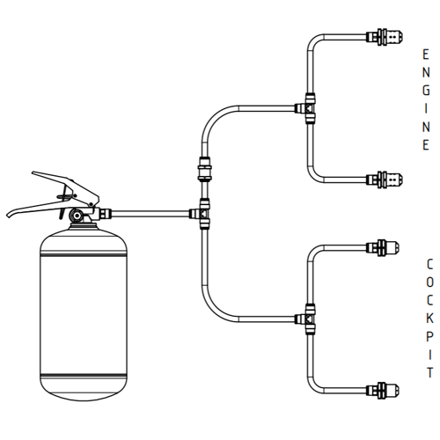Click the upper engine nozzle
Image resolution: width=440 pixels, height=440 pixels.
[385, 37]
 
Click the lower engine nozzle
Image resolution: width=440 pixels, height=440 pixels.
[385, 180]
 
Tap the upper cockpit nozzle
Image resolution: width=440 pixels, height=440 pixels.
[383, 248]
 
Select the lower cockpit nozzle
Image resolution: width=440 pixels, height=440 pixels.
[383, 391]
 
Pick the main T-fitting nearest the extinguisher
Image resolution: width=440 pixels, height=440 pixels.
[202, 213]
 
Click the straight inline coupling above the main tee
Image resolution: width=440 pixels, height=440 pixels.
[205, 170]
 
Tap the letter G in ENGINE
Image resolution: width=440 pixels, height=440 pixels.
[426, 91]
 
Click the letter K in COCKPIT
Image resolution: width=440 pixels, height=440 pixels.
[429, 319]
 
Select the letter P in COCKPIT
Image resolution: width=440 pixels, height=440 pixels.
[429, 337]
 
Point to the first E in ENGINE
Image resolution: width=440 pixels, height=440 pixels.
[426, 55]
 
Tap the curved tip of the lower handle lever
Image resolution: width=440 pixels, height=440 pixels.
[10, 214]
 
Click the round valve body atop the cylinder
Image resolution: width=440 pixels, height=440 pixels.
[77, 216]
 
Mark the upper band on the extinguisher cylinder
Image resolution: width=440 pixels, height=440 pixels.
[84, 253]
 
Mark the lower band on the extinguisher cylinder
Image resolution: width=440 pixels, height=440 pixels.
[84, 376]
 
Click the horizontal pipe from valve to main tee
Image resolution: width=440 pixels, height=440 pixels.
[150, 214]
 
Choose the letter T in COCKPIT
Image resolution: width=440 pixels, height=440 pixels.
[430, 373]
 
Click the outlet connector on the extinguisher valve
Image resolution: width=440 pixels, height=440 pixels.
[106, 213]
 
